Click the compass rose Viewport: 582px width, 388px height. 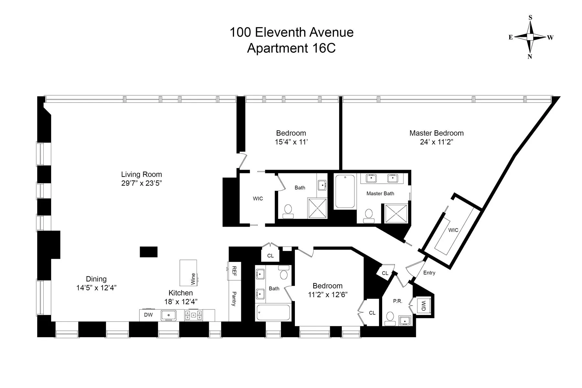point(530,37)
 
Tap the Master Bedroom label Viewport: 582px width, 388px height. point(436,133)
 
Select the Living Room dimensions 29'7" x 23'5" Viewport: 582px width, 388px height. point(141,183)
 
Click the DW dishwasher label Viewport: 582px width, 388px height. point(148,315)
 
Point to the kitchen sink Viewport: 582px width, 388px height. point(168,315)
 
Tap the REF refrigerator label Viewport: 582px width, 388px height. point(234,271)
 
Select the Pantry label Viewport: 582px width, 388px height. point(234,299)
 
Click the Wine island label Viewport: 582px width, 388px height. point(193,279)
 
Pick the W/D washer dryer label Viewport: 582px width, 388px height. point(423,305)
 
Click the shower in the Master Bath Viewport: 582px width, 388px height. point(396,213)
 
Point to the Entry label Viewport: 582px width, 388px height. point(429,273)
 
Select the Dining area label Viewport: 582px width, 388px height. point(96,279)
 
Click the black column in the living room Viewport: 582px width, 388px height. point(148,252)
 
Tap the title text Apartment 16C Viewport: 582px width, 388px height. point(291,48)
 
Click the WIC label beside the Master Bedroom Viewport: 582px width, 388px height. point(453,230)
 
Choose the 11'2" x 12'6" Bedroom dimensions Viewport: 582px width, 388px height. point(328,295)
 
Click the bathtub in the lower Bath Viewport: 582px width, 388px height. point(273,313)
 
